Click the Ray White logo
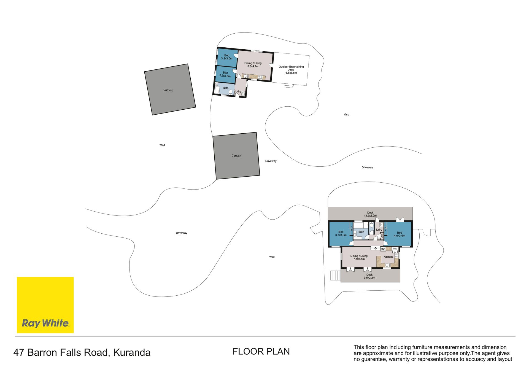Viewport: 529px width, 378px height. tap(45, 305)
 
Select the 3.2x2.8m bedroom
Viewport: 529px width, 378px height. tap(225, 74)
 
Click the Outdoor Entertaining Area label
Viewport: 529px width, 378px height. tap(291, 70)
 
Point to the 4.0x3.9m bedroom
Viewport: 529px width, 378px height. tap(399, 234)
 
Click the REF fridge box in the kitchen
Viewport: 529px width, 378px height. tap(383, 249)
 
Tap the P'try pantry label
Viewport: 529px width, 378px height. tap(395, 249)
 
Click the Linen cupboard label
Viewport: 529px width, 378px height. tap(382, 236)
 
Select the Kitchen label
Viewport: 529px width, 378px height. tap(388, 257)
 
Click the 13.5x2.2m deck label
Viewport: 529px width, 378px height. tap(370, 214)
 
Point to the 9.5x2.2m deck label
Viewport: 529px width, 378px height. tap(369, 276)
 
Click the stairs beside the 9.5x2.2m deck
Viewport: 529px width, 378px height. tap(335, 276)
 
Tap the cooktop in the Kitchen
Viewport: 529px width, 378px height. tap(396, 255)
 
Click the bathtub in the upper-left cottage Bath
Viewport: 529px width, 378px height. tap(217, 90)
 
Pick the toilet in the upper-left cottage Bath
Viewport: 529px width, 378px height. tap(231, 92)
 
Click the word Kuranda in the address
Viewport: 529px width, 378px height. tap(132, 353)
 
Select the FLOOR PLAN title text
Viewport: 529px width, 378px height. tap(261, 352)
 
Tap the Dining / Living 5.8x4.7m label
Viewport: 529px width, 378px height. tap(253, 65)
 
